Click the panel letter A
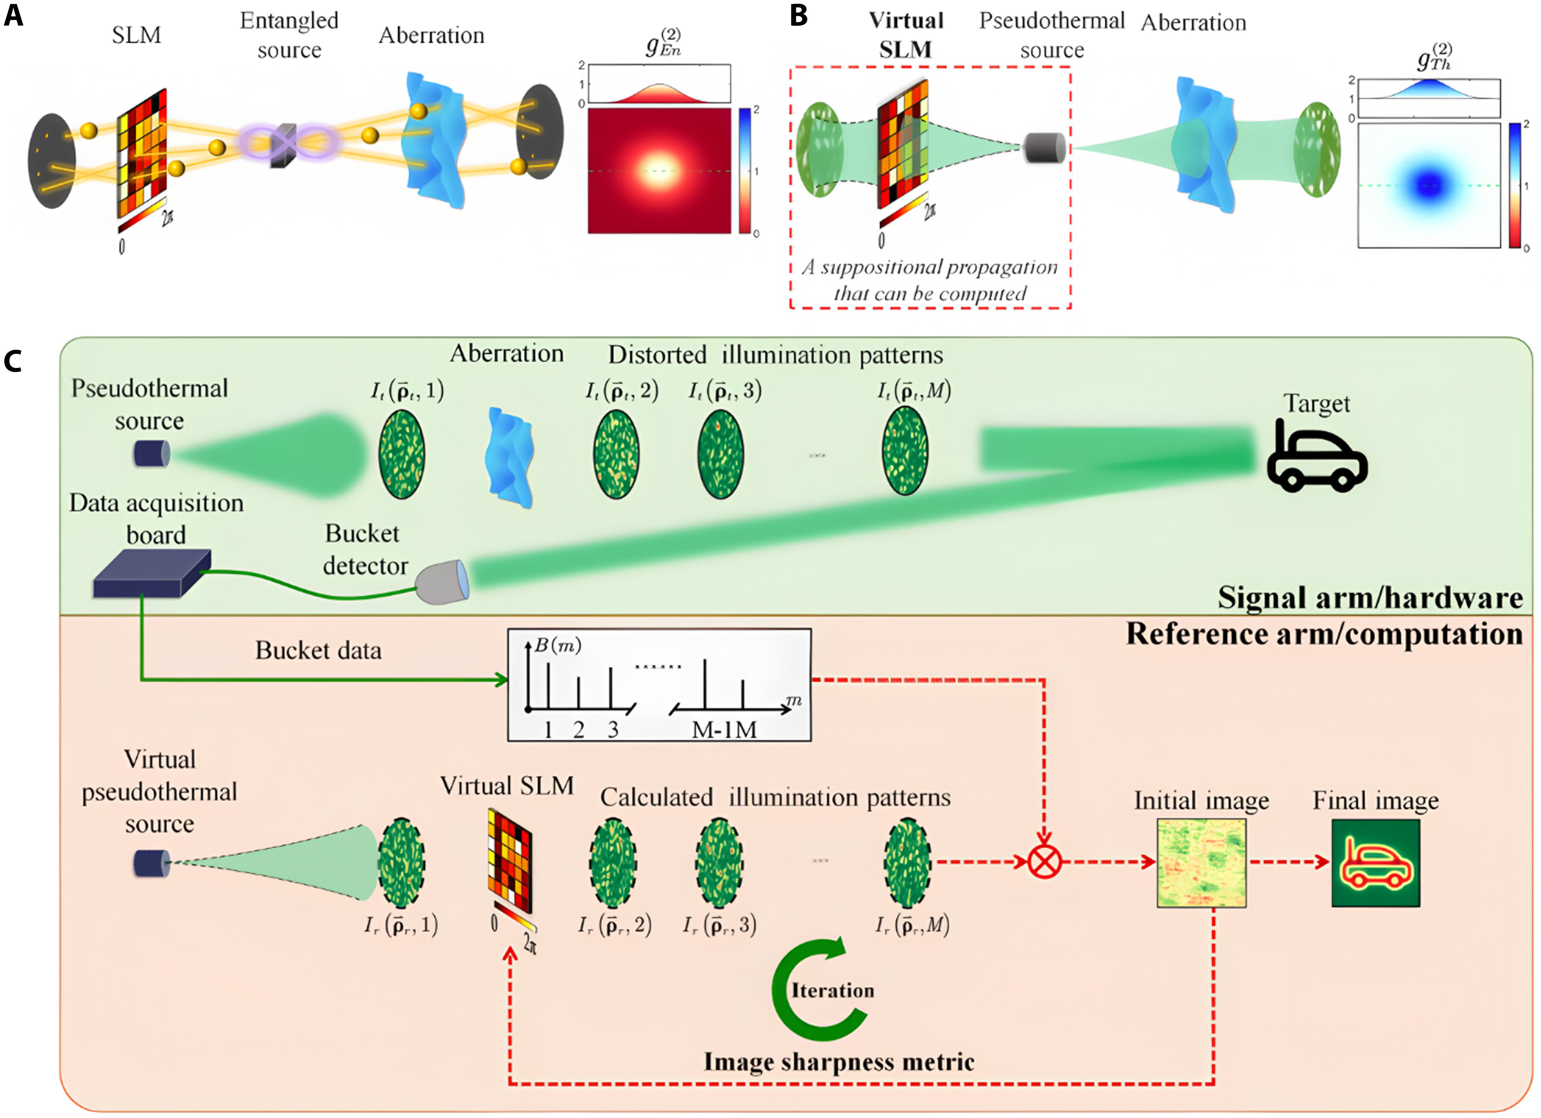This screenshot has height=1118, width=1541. (14, 15)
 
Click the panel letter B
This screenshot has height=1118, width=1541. (799, 15)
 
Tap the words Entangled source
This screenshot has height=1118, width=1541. (289, 36)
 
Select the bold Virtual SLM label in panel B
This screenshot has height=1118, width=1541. (906, 36)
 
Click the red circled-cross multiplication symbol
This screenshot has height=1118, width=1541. (1044, 863)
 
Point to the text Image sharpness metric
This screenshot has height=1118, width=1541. (839, 1062)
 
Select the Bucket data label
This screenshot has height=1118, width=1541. (318, 651)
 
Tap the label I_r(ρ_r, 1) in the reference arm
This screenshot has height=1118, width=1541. (401, 925)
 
